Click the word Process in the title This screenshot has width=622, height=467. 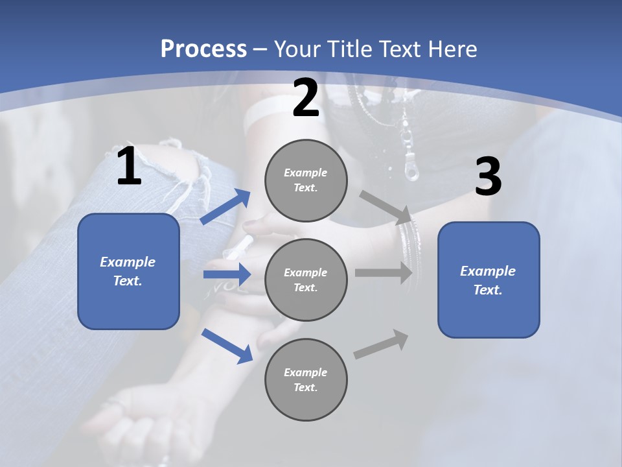pyautogui.click(x=203, y=49)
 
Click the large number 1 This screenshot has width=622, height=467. pyautogui.click(x=129, y=167)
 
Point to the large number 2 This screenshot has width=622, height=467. pyautogui.click(x=306, y=99)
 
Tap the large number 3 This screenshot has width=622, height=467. pyautogui.click(x=488, y=177)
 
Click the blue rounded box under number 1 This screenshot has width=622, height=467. pyautogui.click(x=128, y=271)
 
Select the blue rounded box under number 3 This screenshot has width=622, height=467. pyautogui.click(x=489, y=280)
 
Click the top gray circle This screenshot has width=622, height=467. pyautogui.click(x=306, y=180)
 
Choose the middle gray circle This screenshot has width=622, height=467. pyautogui.click(x=306, y=280)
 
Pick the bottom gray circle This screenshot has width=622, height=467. pyautogui.click(x=306, y=379)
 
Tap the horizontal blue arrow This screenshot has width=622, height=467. pyautogui.click(x=227, y=274)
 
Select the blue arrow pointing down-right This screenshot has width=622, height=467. pyautogui.click(x=227, y=345)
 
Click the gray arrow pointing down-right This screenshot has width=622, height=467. pyautogui.click(x=386, y=207)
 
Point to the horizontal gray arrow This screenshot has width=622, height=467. pyautogui.click(x=384, y=273)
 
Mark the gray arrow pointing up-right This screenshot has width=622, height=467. pyautogui.click(x=382, y=344)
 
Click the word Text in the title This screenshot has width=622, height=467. pyautogui.click(x=402, y=49)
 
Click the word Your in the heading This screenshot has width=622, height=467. pyautogui.click(x=298, y=49)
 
